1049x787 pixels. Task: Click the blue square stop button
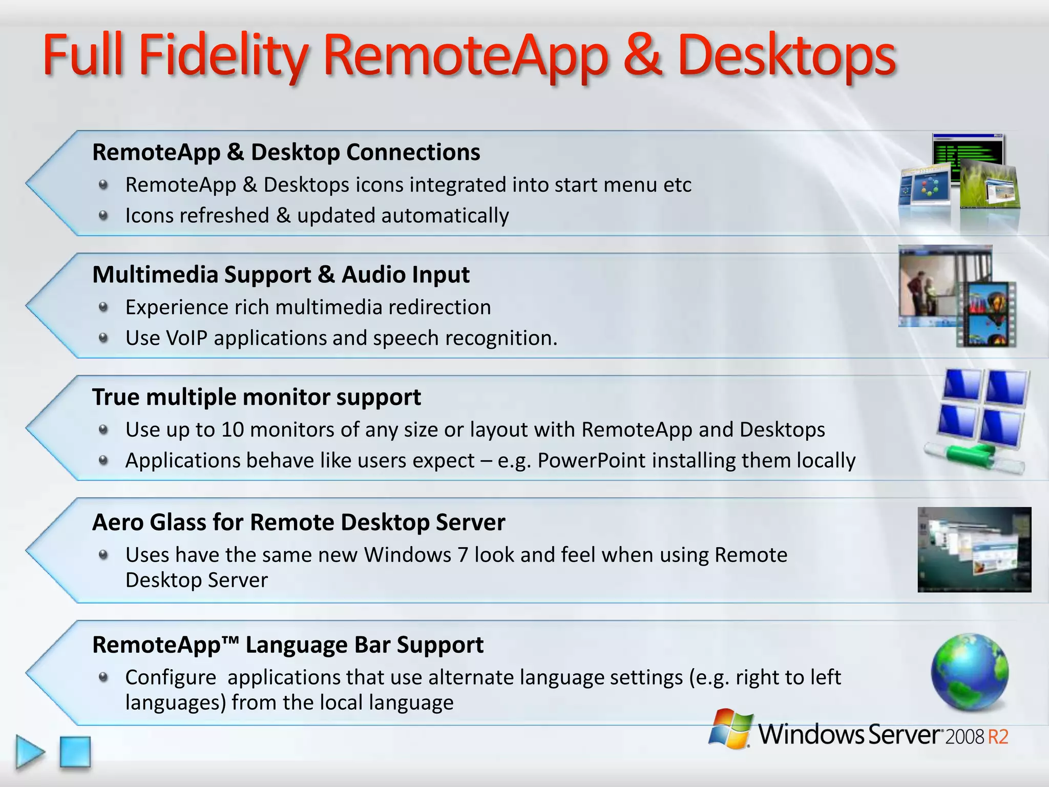pos(75,752)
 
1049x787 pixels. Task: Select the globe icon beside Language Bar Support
pos(970,672)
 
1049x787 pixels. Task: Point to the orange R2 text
pos(997,737)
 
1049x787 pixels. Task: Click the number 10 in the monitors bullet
pos(233,429)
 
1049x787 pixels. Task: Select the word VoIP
pos(185,338)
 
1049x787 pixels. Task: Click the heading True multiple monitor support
pos(256,397)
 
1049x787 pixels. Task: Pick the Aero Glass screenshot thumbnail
pos(974,549)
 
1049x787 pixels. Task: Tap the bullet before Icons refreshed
pos(103,216)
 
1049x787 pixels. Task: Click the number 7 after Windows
pos(462,555)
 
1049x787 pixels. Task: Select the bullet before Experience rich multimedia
pos(103,307)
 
